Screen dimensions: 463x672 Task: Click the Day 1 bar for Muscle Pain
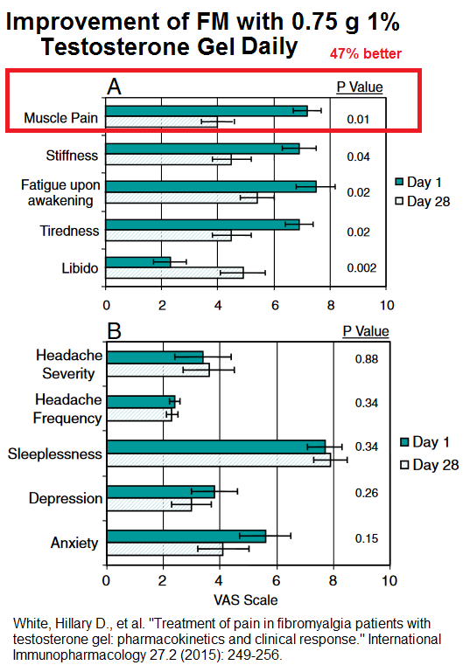pos(207,111)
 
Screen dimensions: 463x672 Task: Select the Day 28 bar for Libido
pos(175,273)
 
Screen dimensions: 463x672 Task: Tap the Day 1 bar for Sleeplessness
pos(216,447)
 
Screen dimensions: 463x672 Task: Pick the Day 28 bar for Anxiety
pos(165,549)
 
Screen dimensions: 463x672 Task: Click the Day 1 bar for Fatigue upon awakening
pos(211,187)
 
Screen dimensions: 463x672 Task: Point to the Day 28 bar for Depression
pos(150,504)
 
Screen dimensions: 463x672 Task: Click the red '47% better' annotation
pos(366,53)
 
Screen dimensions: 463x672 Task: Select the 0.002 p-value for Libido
pos(361,268)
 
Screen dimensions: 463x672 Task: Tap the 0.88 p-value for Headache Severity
pos(367,358)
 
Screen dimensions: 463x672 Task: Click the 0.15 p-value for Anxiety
pos(367,538)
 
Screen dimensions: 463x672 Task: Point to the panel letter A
pos(114,87)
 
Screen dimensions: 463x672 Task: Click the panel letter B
pos(114,331)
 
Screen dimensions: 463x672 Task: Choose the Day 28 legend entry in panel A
pos(423,201)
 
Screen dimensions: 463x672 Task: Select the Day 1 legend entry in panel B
pos(424,442)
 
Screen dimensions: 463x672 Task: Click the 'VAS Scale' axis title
pos(246,600)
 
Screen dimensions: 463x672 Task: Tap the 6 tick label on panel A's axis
pos(275,305)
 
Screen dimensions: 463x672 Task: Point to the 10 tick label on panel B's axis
pos(389,581)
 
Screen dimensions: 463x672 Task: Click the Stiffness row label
pos(72,156)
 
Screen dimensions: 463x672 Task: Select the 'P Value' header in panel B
pos(366,331)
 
